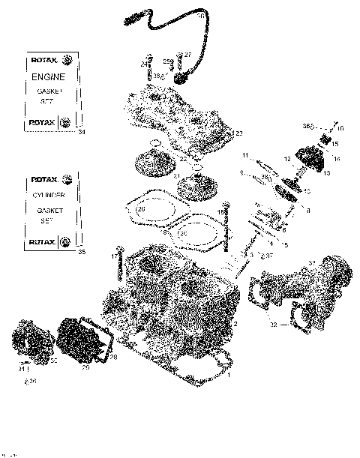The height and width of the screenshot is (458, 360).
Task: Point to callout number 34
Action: coord(81,133)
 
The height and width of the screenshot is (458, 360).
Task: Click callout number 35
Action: coord(81,252)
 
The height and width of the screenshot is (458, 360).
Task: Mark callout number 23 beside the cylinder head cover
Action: coord(238,133)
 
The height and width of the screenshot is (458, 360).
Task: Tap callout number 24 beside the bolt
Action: coord(142,65)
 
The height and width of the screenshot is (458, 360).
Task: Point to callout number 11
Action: coord(244,155)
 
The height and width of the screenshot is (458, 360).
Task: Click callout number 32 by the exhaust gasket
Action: coord(273,325)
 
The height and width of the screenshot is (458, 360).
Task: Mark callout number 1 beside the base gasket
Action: coord(228,373)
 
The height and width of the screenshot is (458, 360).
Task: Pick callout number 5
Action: coord(285,244)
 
